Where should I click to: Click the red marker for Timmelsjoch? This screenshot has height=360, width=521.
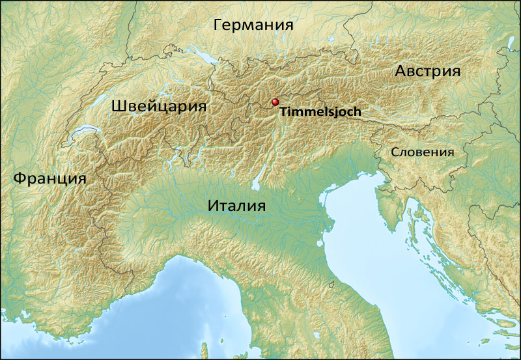(275, 102)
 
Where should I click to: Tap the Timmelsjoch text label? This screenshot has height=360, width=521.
(320, 112)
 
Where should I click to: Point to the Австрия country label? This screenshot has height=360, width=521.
(428, 72)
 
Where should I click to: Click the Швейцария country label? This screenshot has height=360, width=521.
(159, 106)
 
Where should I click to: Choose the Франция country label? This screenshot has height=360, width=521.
(49, 178)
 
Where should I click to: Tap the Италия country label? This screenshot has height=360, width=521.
(238, 206)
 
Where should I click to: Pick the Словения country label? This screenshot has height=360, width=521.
(421, 152)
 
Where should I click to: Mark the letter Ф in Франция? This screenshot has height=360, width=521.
(20, 178)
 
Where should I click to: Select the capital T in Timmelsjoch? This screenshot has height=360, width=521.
(283, 112)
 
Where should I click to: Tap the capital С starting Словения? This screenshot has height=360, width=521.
(395, 152)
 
